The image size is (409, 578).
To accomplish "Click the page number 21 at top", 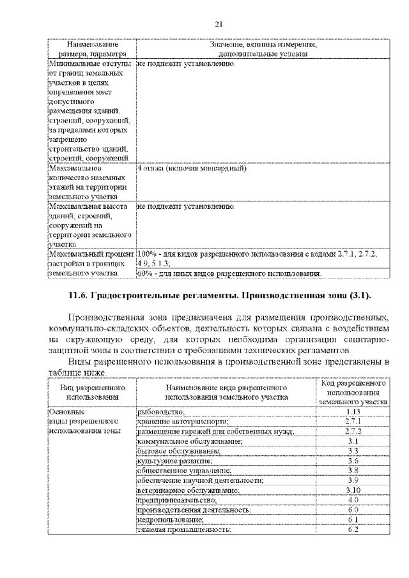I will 218,24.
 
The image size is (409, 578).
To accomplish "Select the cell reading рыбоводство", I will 160,411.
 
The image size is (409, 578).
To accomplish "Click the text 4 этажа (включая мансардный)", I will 192,169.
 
